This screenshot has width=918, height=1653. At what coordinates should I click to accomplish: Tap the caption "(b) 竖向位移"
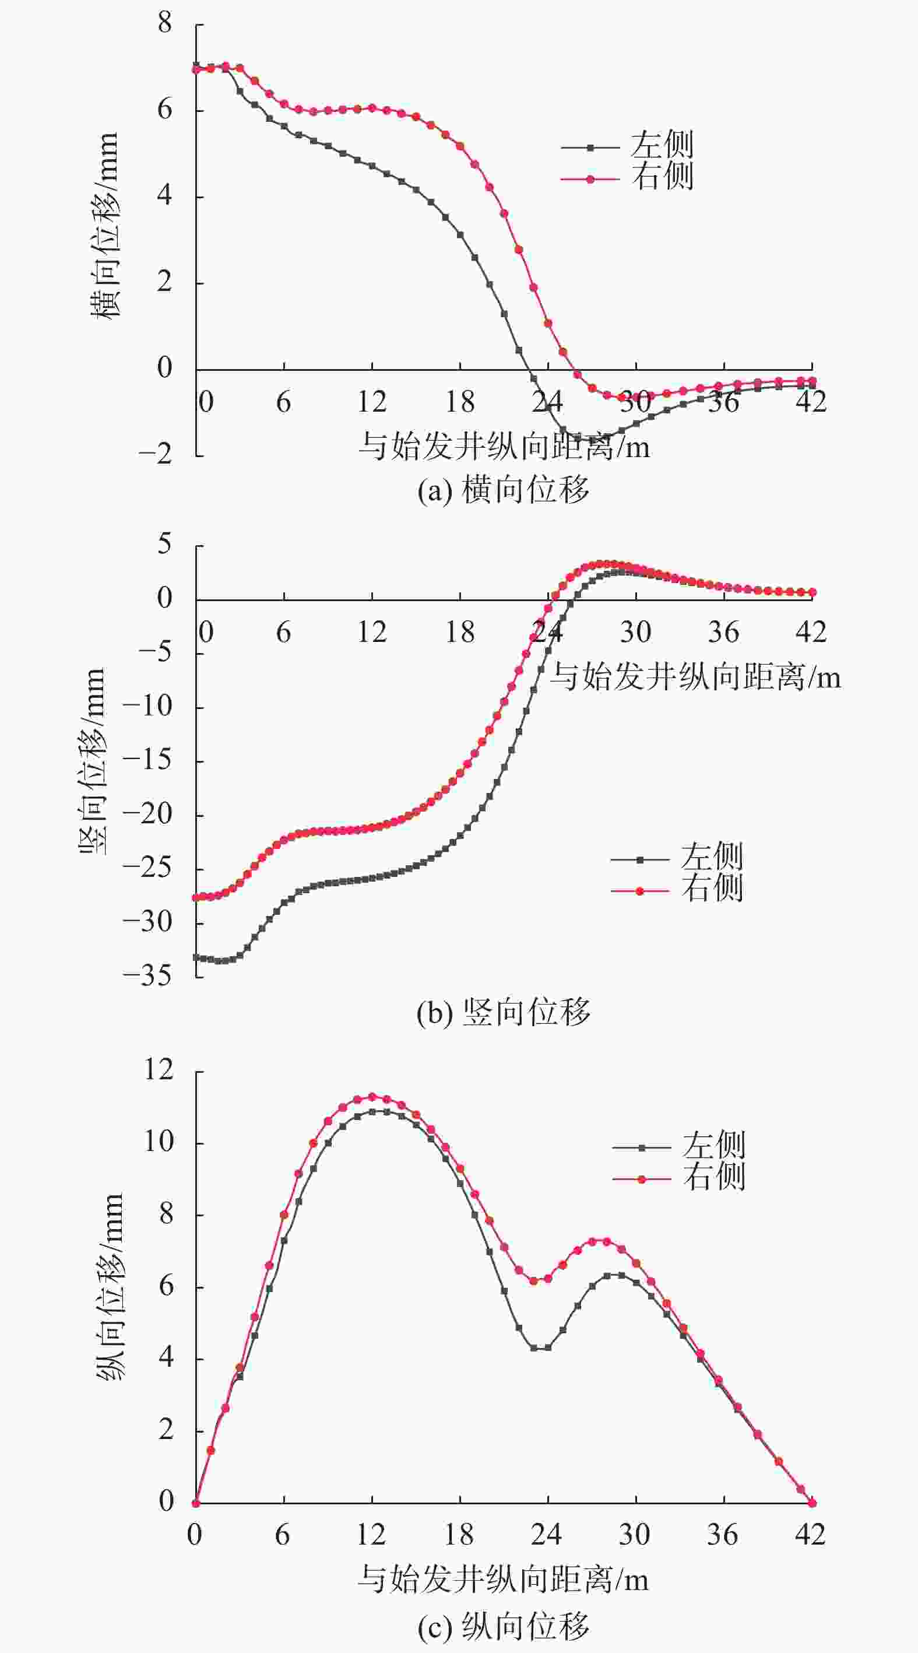click(503, 1013)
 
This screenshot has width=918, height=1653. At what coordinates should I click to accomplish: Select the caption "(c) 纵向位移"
click(503, 1626)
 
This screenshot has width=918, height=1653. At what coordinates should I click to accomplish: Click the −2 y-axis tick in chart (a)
click(155, 455)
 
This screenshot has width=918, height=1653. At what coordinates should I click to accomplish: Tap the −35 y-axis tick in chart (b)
click(147, 976)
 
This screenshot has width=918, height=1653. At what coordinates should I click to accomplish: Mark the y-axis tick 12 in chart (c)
click(158, 1070)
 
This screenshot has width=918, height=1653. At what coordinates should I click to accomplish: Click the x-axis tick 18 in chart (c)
click(459, 1533)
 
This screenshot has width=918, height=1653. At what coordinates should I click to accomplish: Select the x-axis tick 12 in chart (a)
click(371, 402)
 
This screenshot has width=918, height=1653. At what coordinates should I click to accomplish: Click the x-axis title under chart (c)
click(503, 1578)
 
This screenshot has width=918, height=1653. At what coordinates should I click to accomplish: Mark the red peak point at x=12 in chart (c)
click(371, 1097)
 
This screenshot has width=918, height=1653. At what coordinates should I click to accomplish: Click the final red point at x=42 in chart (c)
click(812, 1503)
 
